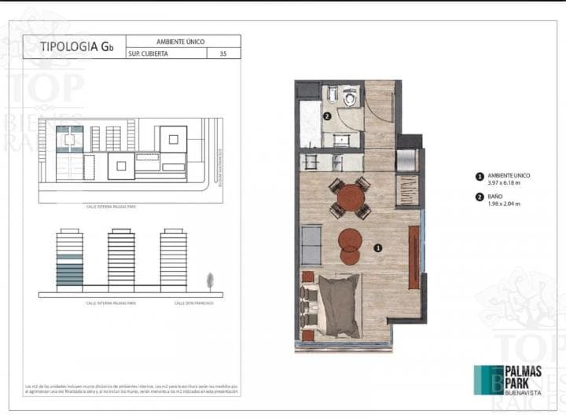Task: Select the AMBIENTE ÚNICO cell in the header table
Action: (182, 40)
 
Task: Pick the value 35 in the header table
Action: (224, 53)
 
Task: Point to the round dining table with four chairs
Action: (350, 198)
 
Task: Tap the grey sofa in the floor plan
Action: (311, 244)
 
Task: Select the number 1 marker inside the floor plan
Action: (378, 247)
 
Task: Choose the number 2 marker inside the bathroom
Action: (326, 116)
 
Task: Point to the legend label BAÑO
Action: (495, 196)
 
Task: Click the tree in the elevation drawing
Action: (210, 280)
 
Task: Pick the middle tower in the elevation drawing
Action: (121, 259)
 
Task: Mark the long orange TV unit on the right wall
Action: (413, 255)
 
